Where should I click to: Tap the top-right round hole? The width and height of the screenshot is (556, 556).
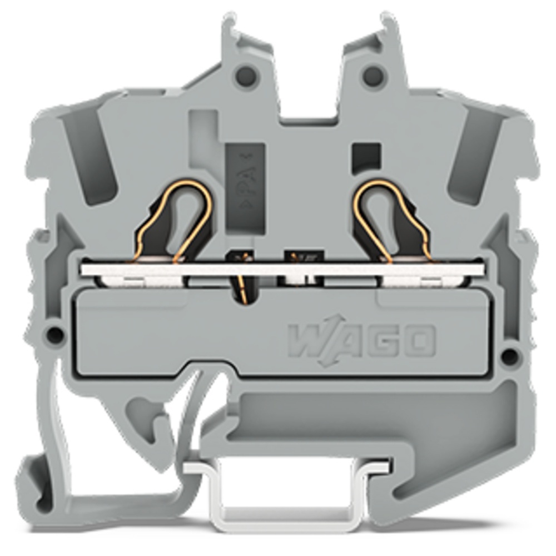click(x=374, y=75)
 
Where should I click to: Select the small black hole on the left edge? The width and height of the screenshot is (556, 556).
click(x=55, y=333)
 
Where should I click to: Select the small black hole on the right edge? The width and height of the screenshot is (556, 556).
click(x=509, y=354)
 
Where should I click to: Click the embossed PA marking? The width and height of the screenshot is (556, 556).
click(x=245, y=185)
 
